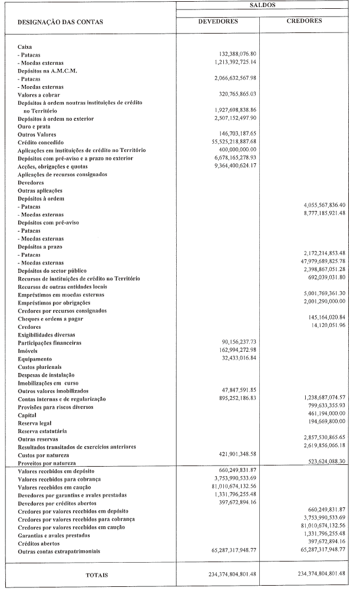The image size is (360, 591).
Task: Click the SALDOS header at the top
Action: pos(263,5)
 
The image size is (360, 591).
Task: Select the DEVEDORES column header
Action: pos(217,21)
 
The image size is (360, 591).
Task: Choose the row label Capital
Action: pos(28,414)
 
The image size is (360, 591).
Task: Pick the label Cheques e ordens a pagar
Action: pos(50,318)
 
